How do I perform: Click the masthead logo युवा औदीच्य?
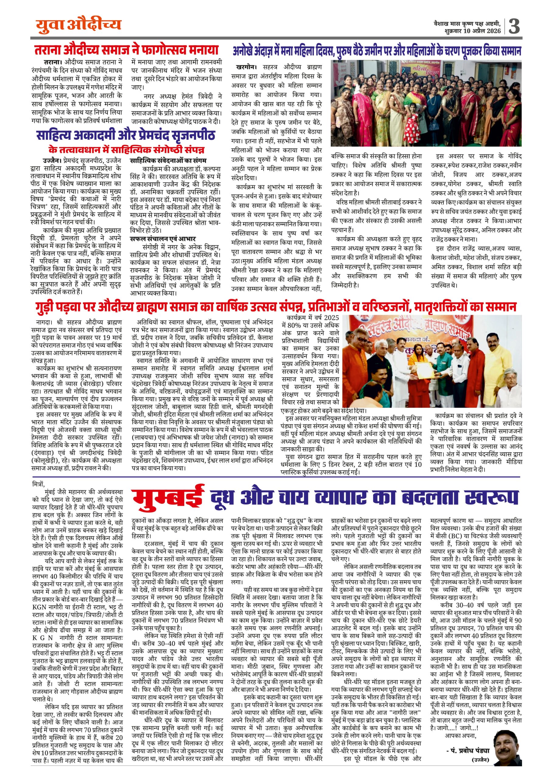pos(78,25)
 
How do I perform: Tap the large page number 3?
pos(514,26)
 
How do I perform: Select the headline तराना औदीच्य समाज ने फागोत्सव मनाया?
pos(126,50)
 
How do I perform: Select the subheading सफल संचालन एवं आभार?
pos(163,239)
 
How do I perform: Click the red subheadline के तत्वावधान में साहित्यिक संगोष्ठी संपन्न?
pos(126,150)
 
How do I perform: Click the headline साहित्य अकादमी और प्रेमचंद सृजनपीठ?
pos(126,135)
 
